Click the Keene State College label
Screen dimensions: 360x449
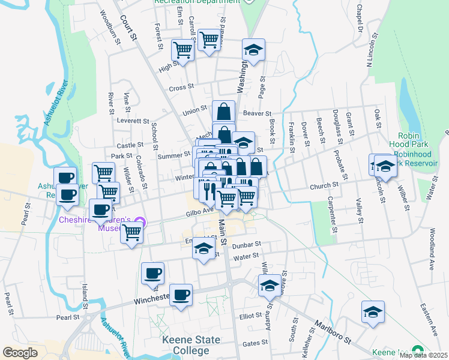point(191,345)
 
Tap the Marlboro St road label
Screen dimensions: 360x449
point(330,334)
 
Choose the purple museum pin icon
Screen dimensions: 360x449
point(140,220)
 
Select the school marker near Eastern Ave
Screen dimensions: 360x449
point(373,313)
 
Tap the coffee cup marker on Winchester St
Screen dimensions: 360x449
point(181,295)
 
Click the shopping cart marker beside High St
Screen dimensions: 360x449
point(182,50)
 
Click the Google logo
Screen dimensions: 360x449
point(20,353)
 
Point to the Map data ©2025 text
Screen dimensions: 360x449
point(423,355)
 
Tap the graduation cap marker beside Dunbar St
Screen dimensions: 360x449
point(203,247)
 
